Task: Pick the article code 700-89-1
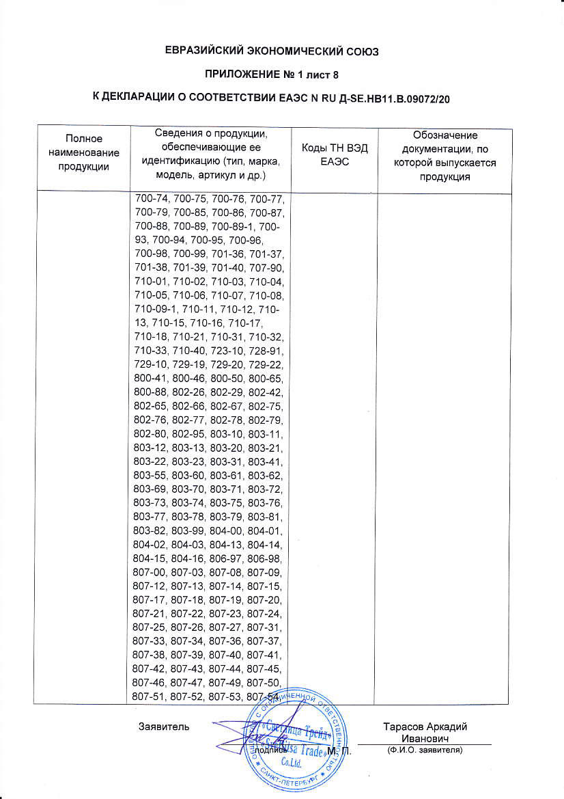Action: point(234,226)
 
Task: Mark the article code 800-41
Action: point(152,379)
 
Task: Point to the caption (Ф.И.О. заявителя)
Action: point(424,750)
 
